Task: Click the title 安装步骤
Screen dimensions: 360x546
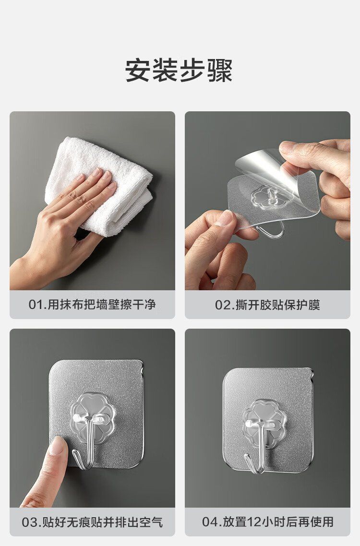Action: click(x=179, y=71)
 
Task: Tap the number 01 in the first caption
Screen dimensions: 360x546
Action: click(x=35, y=305)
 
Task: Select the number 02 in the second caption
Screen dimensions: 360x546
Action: click(x=222, y=305)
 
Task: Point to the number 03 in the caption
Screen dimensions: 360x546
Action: click(x=29, y=522)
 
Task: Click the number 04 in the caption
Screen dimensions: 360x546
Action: click(x=209, y=522)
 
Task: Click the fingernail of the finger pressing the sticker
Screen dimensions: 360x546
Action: click(x=56, y=445)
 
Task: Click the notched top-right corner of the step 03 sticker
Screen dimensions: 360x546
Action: click(x=141, y=364)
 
